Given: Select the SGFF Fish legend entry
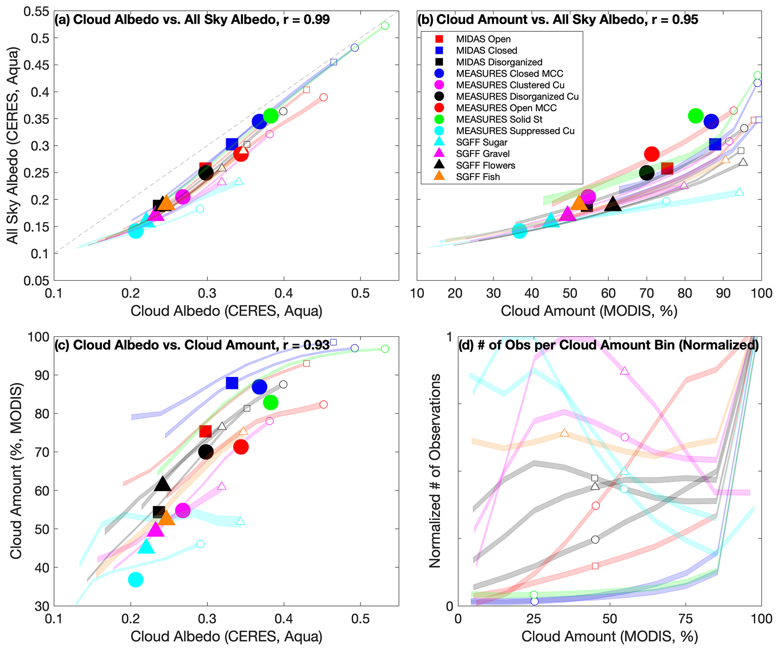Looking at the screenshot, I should (x=478, y=177).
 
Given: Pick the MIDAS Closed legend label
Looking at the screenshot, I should (x=486, y=51).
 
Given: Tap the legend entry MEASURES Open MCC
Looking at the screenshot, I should (x=506, y=108).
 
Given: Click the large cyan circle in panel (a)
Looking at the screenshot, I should (x=136, y=231).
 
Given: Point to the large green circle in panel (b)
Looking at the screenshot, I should (x=695, y=116).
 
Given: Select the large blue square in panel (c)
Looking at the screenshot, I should (x=232, y=383).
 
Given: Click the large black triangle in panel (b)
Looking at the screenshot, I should (x=613, y=204).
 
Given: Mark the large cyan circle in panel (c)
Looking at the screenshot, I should (x=136, y=579).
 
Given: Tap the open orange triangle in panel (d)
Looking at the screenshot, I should (x=564, y=433).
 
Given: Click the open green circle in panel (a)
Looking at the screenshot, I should (x=385, y=26).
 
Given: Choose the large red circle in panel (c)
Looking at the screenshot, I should (x=241, y=447).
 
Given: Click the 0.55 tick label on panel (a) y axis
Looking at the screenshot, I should (x=36, y=12).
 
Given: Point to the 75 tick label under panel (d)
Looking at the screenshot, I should (x=686, y=619).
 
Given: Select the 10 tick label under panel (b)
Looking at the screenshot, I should (x=417, y=293).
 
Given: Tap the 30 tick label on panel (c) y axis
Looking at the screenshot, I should (x=42, y=607).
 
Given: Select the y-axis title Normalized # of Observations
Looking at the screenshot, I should (x=435, y=471).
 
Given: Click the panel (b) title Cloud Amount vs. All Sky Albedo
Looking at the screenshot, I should (x=557, y=20).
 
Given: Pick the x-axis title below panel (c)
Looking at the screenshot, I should (x=226, y=637).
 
